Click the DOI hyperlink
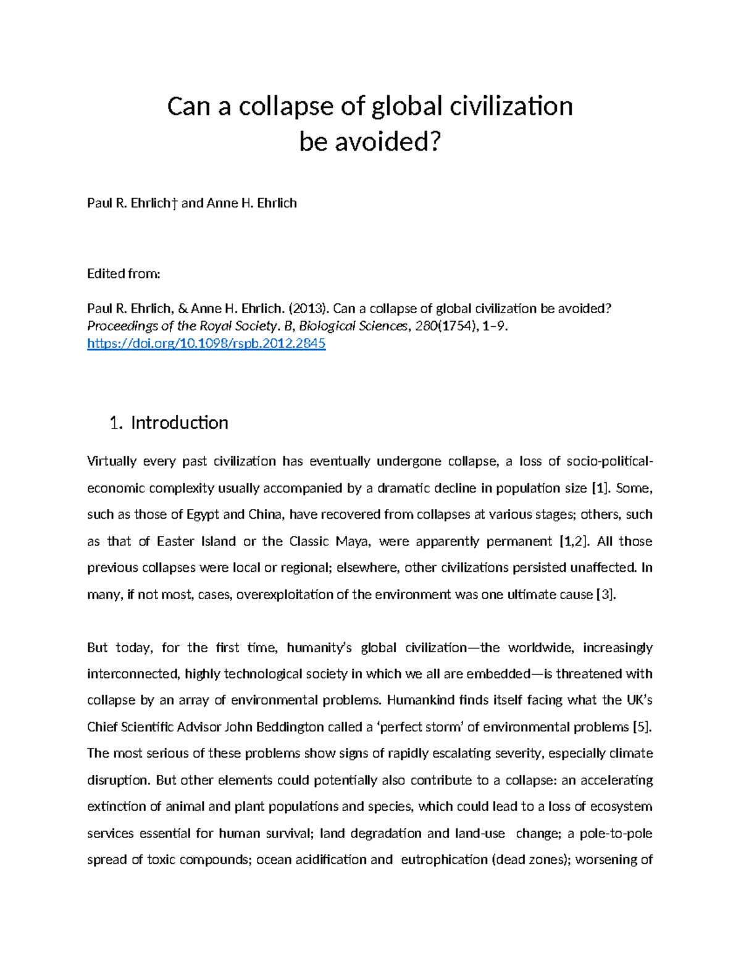[x=206, y=344]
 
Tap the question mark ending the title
[x=437, y=143]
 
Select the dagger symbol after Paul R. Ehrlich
[x=175, y=203]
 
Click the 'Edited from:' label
[x=124, y=274]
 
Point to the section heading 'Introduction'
[x=180, y=422]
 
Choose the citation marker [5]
[x=642, y=727]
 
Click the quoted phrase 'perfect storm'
[x=420, y=727]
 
